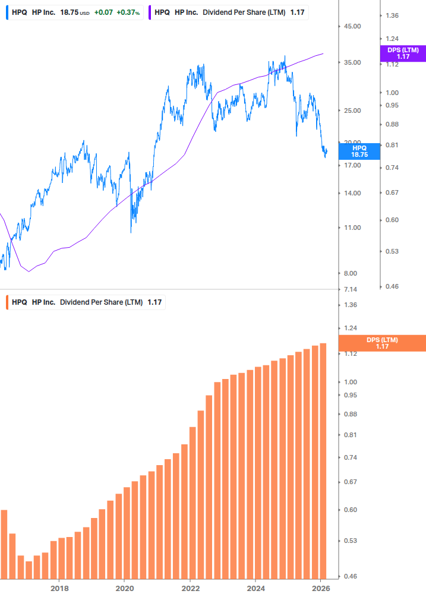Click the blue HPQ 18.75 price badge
click(x=359, y=151)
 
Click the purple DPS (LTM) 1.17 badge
click(x=403, y=53)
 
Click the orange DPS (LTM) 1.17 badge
click(x=381, y=343)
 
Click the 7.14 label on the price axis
click(x=351, y=289)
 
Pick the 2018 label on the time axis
click(x=59, y=588)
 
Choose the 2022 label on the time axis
click(x=190, y=588)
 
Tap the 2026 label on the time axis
click(x=320, y=588)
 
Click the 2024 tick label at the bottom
click(x=255, y=588)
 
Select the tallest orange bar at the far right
click(x=323, y=460)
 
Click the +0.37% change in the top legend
click(x=128, y=12)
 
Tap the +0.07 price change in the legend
click(x=103, y=12)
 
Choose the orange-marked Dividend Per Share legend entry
click(x=86, y=302)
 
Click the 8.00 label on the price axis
click(x=351, y=273)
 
